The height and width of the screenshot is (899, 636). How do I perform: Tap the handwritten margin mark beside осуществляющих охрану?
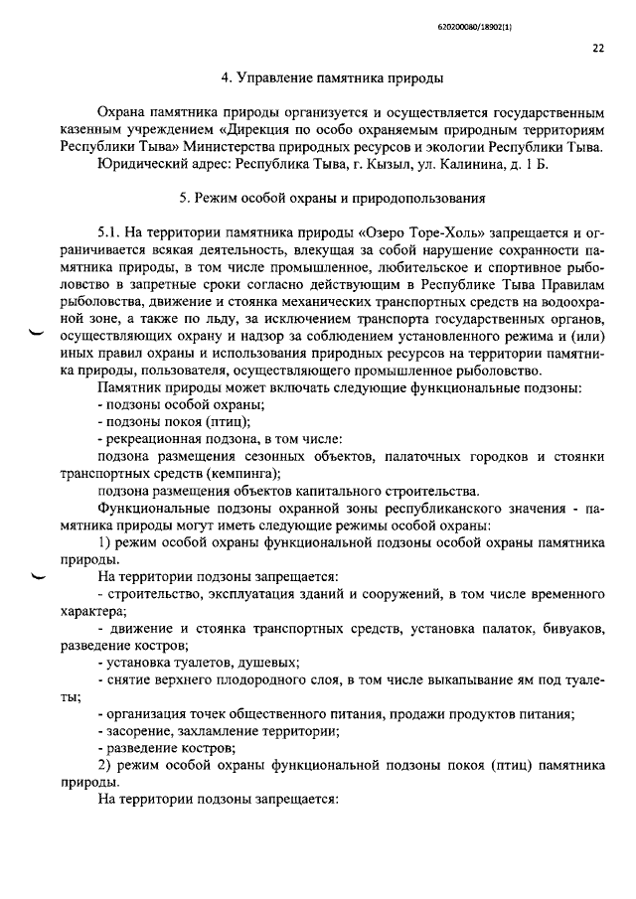tap(39, 335)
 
